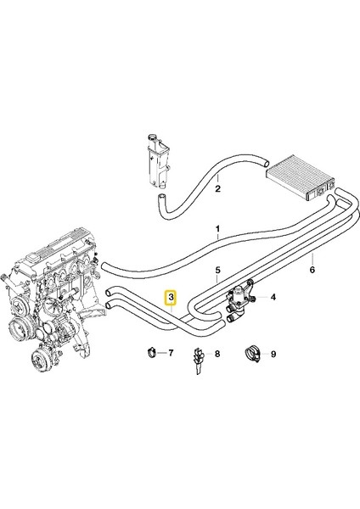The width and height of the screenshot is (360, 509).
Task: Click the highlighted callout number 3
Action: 172,298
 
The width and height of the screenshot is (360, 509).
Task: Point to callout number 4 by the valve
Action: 273,298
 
